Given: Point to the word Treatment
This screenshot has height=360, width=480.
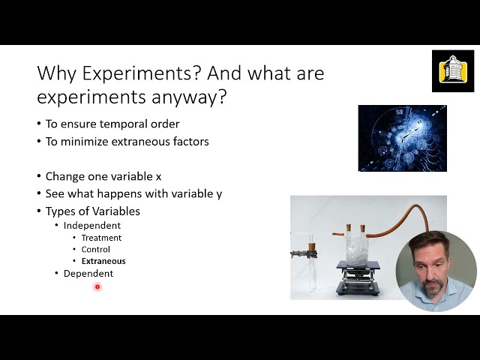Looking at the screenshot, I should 101,238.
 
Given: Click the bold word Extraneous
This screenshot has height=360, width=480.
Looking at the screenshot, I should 103,261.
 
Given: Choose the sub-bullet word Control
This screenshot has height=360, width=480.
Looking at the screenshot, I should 96,250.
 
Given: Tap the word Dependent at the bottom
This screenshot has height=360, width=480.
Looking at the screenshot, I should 88,274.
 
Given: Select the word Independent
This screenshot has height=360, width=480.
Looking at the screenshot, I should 92,226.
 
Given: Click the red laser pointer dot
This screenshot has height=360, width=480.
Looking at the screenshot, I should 97,286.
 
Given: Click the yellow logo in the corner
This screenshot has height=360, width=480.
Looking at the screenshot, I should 452,70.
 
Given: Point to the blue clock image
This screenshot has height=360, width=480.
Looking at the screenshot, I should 402,138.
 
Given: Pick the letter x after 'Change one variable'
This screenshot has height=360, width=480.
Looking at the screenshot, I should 158,176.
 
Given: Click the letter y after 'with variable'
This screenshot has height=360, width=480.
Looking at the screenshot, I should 219,193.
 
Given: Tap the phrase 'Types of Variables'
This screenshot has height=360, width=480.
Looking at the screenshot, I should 93,211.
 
